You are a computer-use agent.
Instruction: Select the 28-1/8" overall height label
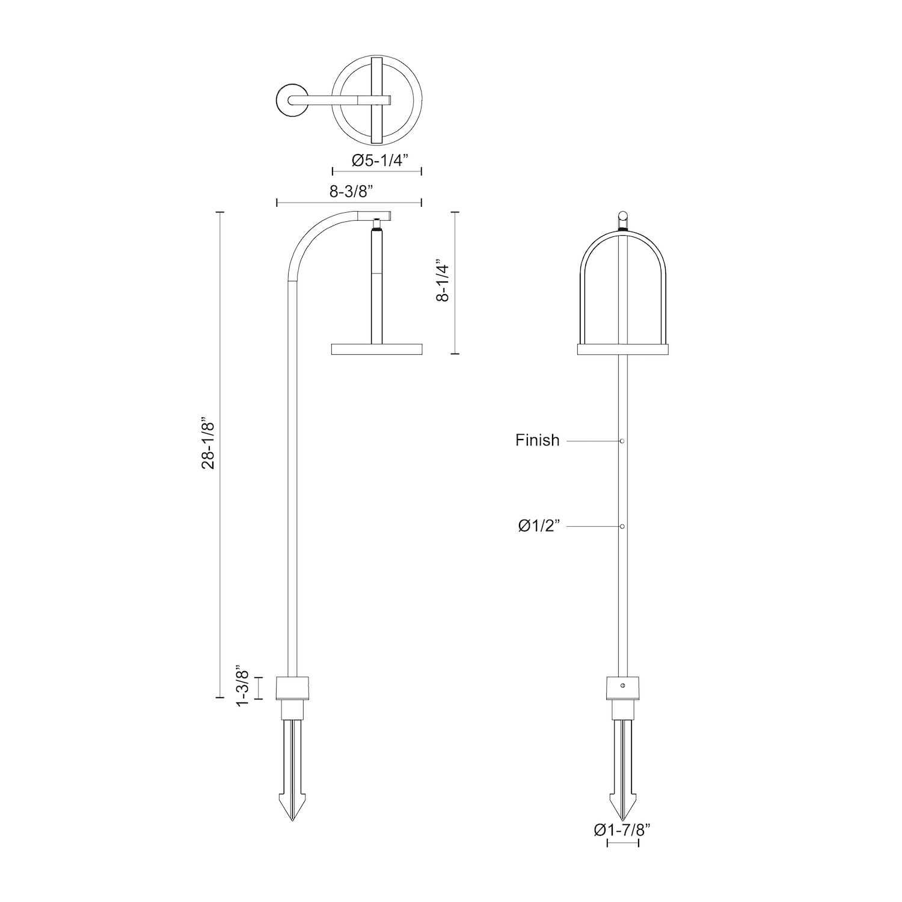(209, 444)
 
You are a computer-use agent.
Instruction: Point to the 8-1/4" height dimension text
(444, 280)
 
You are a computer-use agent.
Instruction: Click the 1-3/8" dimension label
(242, 686)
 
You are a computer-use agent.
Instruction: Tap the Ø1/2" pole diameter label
(539, 526)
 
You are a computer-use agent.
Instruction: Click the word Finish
(537, 440)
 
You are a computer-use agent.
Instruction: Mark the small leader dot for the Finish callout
(622, 441)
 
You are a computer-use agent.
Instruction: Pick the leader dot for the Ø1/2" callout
(622, 526)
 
